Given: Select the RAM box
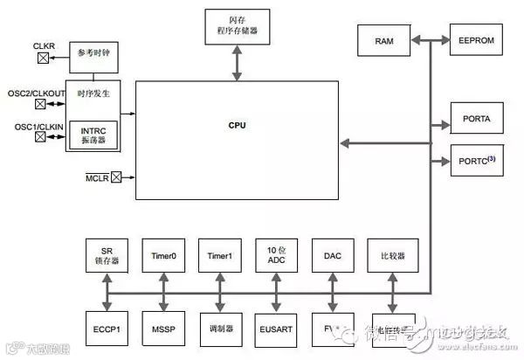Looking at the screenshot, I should coord(384,41).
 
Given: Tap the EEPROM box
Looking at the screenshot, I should coord(475,41).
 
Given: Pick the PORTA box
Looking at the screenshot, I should coord(475,118).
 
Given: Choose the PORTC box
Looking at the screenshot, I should coord(475,161).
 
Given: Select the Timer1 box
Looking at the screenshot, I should coord(220,255).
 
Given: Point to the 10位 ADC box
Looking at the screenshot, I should coord(276,255).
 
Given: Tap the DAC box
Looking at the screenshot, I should coord(333,255).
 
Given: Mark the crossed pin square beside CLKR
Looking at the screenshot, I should coord(42,59).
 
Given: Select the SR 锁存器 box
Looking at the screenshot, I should coord(107,255).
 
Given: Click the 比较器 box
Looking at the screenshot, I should coord(390,255).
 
